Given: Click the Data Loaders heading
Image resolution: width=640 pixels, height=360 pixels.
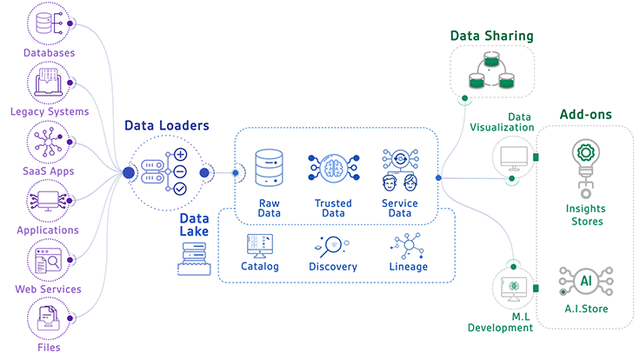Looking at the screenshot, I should [x=167, y=125].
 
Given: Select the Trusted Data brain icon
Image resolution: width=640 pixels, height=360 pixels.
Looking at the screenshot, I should [x=333, y=169].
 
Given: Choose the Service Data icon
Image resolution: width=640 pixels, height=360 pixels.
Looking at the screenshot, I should [x=400, y=170].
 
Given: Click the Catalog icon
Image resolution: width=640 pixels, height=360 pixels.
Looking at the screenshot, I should [x=260, y=246].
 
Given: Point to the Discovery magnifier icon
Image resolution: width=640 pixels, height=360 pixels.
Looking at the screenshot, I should [x=332, y=246].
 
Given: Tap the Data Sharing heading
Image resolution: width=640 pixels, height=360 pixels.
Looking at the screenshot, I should [x=491, y=37].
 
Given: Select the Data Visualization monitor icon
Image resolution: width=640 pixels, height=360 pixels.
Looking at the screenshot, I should [x=513, y=157].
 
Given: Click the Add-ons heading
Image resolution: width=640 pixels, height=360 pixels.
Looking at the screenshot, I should [x=585, y=114].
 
